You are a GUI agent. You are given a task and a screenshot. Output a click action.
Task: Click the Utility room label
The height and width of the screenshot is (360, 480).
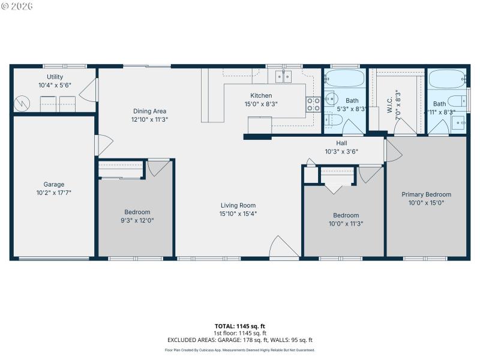[55, 77]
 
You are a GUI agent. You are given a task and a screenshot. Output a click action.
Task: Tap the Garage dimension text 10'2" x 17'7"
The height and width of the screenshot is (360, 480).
[53, 193]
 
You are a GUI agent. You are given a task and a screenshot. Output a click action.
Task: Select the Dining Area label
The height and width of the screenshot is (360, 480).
[149, 111]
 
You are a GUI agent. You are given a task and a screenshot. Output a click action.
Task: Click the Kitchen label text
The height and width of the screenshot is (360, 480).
[261, 95]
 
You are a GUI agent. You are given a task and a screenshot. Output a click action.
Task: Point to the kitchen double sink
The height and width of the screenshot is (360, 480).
[283, 76]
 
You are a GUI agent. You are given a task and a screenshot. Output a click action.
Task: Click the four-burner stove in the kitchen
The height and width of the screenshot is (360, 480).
[313, 104]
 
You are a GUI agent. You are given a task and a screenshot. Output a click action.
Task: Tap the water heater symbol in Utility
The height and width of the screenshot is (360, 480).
[22, 103]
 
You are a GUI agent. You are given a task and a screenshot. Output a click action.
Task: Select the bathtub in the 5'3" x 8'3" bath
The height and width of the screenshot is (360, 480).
[344, 79]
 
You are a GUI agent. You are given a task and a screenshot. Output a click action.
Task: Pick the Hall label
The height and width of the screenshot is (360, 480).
[341, 143]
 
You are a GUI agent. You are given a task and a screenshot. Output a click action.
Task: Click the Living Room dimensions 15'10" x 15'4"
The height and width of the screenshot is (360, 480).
[238, 214]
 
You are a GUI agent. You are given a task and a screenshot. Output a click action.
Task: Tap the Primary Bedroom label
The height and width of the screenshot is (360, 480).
[426, 194]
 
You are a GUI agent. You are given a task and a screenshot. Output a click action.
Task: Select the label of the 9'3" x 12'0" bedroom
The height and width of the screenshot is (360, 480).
[137, 212]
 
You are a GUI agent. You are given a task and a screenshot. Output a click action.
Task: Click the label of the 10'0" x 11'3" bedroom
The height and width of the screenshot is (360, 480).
[346, 215]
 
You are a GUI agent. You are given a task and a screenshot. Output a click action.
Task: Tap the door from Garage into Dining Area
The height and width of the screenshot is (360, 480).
[103, 145]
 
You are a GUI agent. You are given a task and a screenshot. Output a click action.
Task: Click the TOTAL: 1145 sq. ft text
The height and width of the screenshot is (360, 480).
[239, 326]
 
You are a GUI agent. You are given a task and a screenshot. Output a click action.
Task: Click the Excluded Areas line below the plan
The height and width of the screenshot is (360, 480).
[239, 340]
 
